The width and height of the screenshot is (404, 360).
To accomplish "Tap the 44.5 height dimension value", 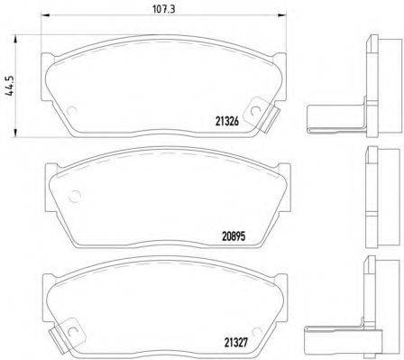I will click(x=9, y=85).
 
